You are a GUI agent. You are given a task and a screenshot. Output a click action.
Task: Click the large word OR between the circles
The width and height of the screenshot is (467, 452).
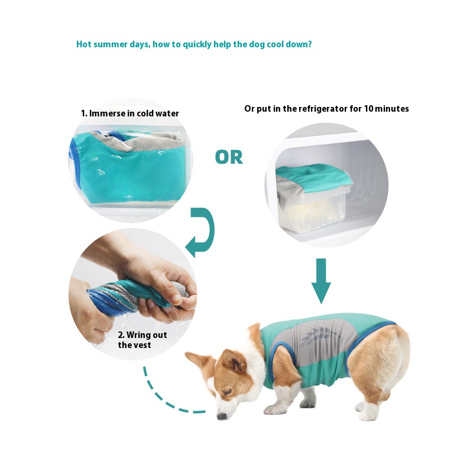229,157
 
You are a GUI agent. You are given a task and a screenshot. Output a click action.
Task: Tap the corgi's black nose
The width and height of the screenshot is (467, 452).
221,415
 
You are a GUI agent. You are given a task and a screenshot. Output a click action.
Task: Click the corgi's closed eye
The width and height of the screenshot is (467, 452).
227,392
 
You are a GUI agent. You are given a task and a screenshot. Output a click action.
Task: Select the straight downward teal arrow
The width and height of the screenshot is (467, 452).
321,281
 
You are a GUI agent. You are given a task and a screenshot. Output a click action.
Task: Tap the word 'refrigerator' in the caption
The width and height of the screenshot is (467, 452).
323,109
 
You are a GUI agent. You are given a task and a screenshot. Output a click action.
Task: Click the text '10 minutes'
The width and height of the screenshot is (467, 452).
386,109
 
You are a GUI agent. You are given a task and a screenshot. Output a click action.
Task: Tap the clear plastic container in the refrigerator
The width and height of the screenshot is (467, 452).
313,209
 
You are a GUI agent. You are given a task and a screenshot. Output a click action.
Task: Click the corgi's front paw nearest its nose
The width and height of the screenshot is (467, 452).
274,410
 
